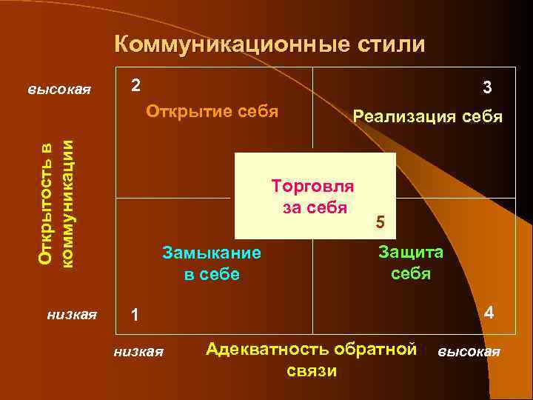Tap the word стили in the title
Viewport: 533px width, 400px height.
[390, 44]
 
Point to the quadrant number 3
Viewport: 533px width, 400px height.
[486, 88]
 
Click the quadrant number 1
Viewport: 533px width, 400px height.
[134, 315]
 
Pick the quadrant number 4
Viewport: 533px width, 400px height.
[489, 313]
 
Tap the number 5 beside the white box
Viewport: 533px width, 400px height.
[381, 221]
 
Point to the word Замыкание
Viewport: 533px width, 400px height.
[212, 253]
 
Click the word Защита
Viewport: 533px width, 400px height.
[411, 252]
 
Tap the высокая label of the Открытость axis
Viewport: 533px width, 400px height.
[59, 90]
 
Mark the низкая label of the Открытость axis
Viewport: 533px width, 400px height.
[71, 314]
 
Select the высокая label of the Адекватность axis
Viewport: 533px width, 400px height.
[469, 351]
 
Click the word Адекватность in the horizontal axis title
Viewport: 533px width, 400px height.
[269, 349]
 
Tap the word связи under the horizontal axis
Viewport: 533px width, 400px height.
[311, 370]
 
